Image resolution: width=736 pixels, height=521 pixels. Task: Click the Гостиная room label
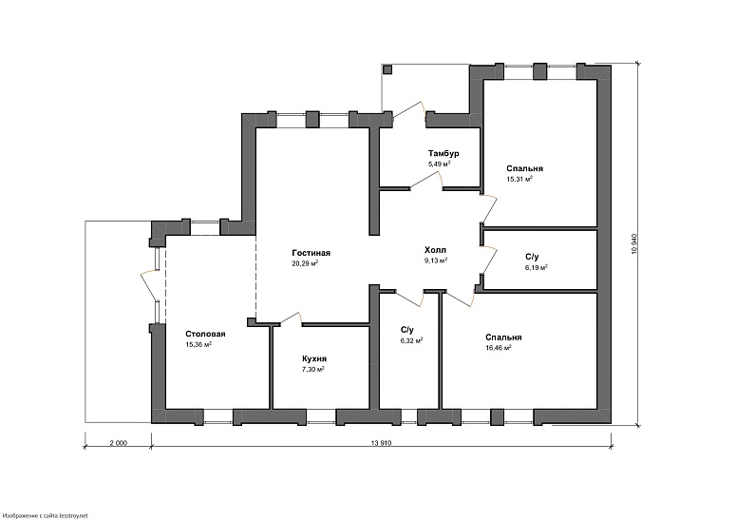pos(311,253)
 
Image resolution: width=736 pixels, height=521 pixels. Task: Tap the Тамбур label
pos(443,154)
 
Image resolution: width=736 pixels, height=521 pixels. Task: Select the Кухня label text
pos(314,359)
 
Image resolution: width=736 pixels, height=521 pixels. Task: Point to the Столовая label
pos(205,334)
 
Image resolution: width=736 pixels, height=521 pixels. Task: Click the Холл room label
pos(435,250)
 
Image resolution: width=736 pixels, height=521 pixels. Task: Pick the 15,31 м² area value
pos(519,179)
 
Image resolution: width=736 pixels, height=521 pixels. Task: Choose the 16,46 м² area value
pos(498,348)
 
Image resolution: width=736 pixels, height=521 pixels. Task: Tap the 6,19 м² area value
pos(537,267)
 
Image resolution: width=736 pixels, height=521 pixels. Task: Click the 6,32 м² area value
pos(411,340)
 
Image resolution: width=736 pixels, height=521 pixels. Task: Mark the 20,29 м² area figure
pos(305,263)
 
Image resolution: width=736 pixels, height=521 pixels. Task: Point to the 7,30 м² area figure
pos(313,370)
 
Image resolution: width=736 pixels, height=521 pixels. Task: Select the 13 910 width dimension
pos(381,442)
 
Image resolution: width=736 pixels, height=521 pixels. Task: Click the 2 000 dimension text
pos(119,442)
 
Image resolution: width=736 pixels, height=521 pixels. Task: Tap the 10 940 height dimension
pos(634,243)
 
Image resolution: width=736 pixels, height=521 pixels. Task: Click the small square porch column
pos(387,69)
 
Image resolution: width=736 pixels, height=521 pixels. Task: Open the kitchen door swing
pos(291,318)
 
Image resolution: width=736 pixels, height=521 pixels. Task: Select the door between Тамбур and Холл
pos(426,180)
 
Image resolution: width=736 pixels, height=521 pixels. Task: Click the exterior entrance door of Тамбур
pos(408,109)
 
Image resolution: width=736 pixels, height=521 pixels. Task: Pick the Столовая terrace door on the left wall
pos(151,284)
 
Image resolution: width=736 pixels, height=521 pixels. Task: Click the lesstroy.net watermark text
pos(45,516)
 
